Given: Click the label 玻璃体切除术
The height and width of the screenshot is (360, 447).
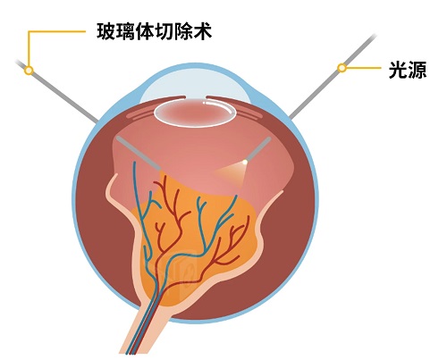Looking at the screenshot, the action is point(154,32).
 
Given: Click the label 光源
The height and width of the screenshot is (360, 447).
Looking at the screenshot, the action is point(408,71).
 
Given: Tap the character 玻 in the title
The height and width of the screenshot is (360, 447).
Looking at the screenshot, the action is point(105,32).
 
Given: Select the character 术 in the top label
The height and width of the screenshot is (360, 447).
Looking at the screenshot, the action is point(203,32).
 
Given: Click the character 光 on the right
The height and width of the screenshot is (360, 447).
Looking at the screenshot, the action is point(398,71).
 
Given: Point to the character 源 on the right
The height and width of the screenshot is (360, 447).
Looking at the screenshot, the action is point(417,71).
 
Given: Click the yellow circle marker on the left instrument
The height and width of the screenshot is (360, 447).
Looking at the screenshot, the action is point(29,71).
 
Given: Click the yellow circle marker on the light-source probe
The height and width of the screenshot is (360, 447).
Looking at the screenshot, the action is point(342,68).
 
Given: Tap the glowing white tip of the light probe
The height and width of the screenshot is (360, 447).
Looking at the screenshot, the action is point(245,162).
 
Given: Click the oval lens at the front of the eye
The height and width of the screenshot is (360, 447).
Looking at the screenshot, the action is point(195,113).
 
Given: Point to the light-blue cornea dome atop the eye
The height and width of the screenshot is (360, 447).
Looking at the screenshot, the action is point(195,82).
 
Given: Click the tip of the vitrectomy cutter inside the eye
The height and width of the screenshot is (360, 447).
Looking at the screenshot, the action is point(158,168).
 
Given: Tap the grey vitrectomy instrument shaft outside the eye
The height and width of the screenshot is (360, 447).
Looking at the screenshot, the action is point(56,91).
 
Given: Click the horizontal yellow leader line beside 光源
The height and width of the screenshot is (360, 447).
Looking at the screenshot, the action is point(364,68).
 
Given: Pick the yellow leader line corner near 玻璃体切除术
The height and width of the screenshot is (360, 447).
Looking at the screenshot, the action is point(29,31).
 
